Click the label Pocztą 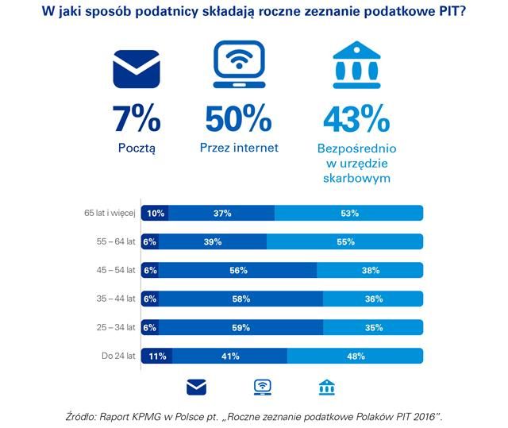click(137, 148)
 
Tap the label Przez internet click(239, 148)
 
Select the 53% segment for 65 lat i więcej click(348, 213)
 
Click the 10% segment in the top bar click(155, 213)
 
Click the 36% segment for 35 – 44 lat click(372, 299)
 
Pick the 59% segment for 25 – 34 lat click(241, 327)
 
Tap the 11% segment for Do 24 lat click(156, 356)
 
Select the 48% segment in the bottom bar click(356, 356)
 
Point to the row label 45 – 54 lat click(117, 270)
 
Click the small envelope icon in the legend click(196, 387)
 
